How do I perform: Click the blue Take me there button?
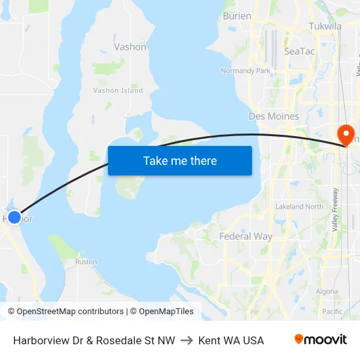[x=180, y=160]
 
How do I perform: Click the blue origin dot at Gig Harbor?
[x=14, y=217]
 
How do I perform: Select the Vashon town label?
[x=130, y=47]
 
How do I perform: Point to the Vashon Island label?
[x=118, y=90]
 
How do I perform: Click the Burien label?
[x=237, y=16]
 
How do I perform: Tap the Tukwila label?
[x=325, y=26]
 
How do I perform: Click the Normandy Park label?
[x=245, y=71]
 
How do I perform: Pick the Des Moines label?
[x=274, y=116]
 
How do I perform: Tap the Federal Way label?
[x=245, y=236]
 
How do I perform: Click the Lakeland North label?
[x=299, y=206]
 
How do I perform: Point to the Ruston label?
[x=86, y=262]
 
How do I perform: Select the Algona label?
[x=327, y=291]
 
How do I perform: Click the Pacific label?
[x=332, y=312]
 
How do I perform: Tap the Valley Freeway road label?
[x=335, y=209]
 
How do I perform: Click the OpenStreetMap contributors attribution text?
[x=65, y=312]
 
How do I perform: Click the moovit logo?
[x=320, y=340]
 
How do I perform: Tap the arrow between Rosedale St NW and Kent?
[x=187, y=340]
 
